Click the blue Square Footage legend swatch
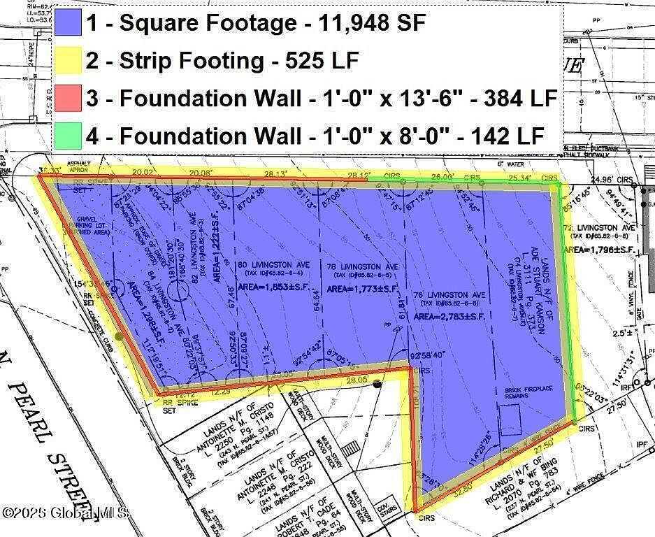68,24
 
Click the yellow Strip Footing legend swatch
68,61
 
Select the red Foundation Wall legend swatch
68,98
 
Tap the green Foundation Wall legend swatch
68,135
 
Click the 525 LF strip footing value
322,61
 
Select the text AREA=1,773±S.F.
364,288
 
